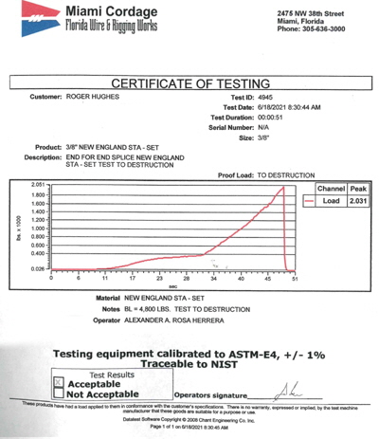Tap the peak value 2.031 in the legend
pyautogui.click(x=357, y=201)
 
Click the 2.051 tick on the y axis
pyautogui.click(x=39, y=184)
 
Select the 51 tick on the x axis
pyautogui.click(x=295, y=280)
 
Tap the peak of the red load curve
pyautogui.click(x=283, y=187)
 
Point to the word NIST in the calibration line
pyautogui.click(x=244, y=363)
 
